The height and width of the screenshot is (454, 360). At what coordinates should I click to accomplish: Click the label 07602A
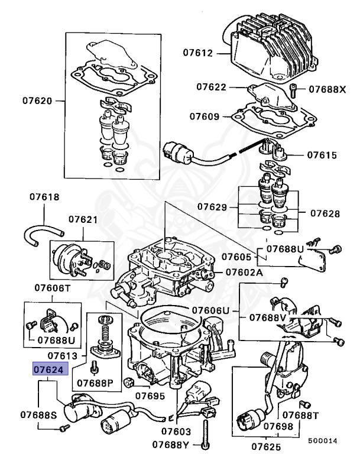243,273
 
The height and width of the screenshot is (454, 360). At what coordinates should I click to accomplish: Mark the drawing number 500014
322,440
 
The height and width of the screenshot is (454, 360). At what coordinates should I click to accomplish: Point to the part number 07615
322,155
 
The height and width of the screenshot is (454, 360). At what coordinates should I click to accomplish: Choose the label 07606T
52,288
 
